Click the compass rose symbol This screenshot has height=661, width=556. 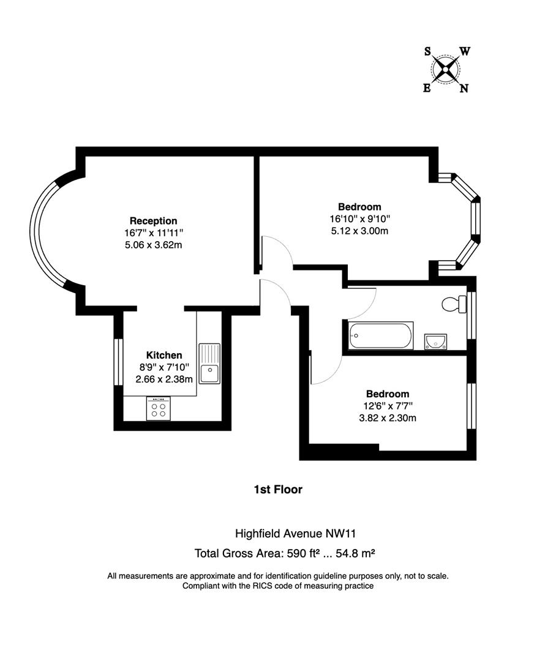click(446, 69)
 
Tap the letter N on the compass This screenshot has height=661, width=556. click(464, 88)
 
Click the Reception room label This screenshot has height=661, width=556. click(153, 220)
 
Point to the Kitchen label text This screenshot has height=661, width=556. click(163, 355)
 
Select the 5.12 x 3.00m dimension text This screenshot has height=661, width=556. click(359, 231)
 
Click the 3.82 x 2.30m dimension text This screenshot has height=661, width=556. click(387, 418)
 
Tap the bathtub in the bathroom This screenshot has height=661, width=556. click(380, 335)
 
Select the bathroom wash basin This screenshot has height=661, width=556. click(435, 341)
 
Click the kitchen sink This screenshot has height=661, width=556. click(209, 363)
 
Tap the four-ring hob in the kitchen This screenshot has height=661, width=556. click(158, 408)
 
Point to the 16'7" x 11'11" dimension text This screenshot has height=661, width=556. click(153, 233)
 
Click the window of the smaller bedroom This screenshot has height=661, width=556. click(471, 406)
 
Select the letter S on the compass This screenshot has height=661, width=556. click(427, 51)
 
